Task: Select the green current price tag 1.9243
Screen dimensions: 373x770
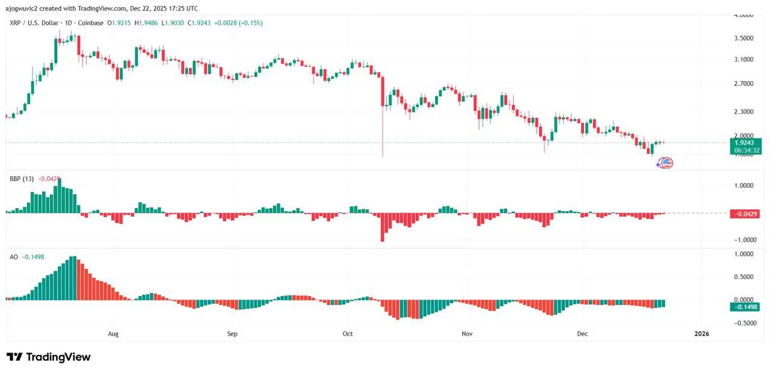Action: click(745, 143)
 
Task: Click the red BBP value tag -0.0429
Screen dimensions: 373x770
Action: click(745, 214)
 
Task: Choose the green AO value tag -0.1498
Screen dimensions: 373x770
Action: click(745, 307)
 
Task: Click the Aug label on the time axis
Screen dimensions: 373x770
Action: click(113, 333)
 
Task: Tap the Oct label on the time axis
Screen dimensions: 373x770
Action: click(347, 333)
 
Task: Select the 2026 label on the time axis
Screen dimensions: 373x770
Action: click(701, 333)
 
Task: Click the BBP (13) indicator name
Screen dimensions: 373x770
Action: click(22, 179)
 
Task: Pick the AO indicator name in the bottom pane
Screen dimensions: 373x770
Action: click(14, 256)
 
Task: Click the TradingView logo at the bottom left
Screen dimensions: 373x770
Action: click(49, 357)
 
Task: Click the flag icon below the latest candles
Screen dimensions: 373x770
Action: click(667, 162)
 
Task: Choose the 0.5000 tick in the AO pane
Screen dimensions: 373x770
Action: click(745, 277)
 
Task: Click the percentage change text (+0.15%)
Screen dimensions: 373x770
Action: click(251, 23)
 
